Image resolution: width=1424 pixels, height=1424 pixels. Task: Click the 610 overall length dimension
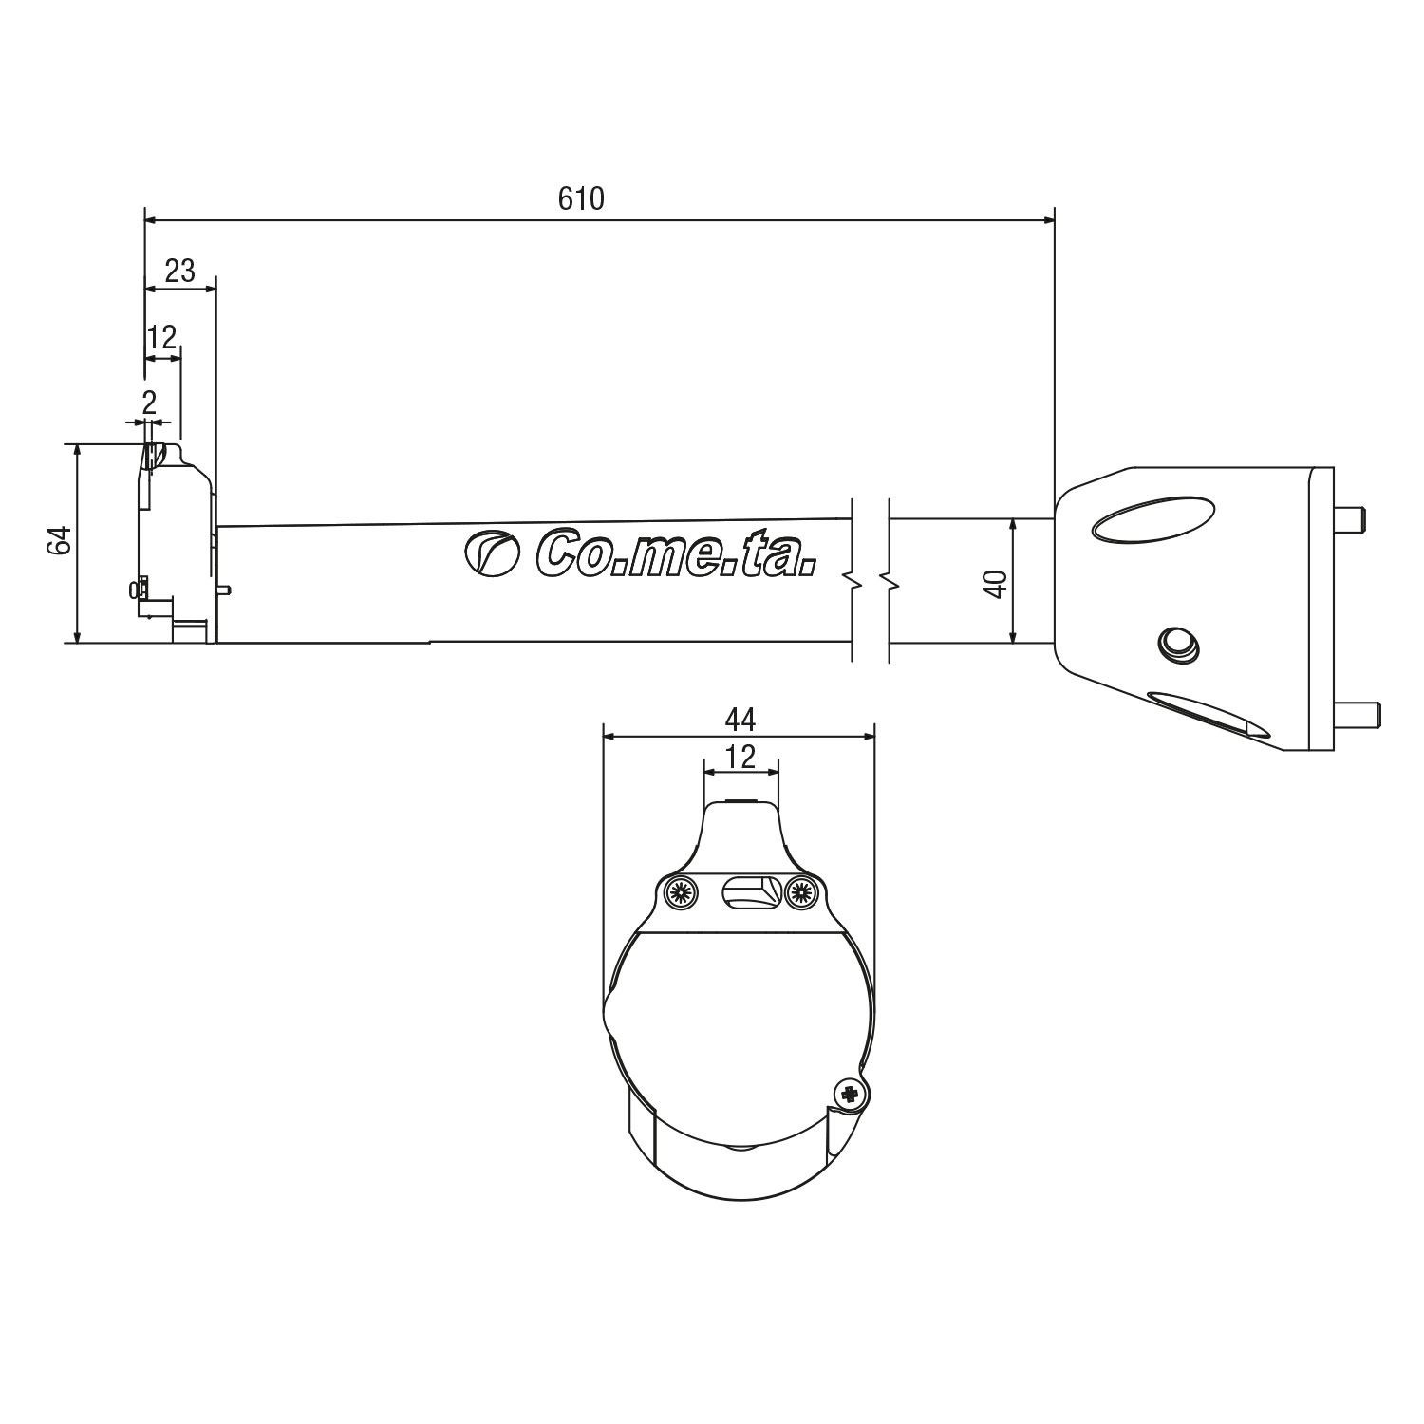581,198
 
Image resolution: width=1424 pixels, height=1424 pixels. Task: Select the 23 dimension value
179,272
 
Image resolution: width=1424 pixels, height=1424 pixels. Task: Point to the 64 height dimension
60,542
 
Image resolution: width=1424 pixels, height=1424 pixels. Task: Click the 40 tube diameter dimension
995,583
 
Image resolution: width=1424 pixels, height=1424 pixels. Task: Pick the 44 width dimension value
740,721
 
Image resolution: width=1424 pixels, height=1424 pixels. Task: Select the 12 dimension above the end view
740,757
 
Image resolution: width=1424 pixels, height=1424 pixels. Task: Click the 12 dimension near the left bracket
162,337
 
